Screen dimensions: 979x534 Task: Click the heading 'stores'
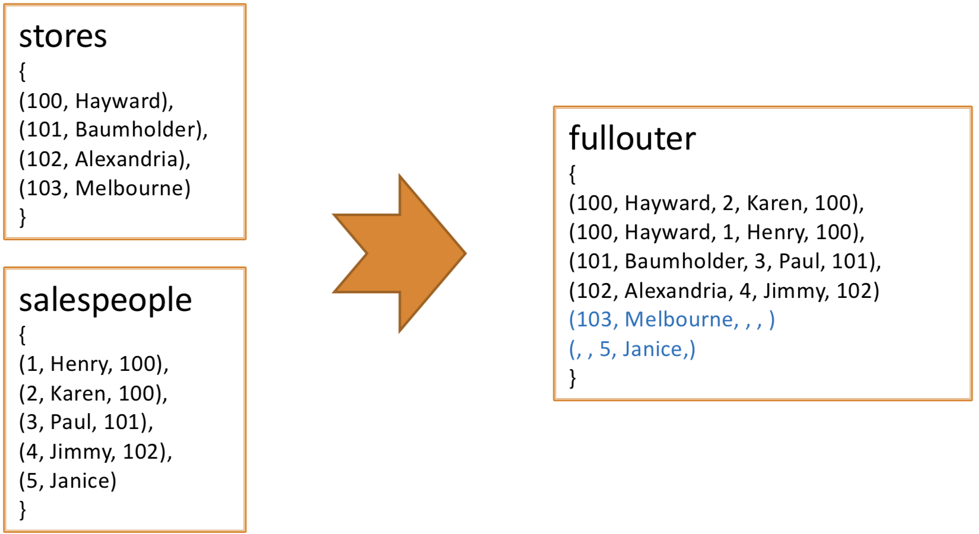coord(63,36)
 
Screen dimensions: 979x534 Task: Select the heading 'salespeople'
coord(106,301)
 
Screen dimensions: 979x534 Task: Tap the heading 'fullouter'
coord(632,138)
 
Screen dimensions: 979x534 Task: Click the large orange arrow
coord(399,253)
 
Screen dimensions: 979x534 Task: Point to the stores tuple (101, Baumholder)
coord(113,130)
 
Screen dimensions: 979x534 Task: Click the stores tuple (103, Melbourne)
coord(105,189)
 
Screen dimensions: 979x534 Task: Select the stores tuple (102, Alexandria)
coord(105,160)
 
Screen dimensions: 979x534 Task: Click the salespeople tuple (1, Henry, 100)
coord(94,364)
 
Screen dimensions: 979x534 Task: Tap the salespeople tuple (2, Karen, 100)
coord(93,394)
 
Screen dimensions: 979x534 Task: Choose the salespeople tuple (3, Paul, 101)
coord(86,422)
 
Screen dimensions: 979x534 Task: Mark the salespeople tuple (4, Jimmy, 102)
coord(96,452)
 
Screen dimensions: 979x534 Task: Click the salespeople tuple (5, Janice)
coord(68,481)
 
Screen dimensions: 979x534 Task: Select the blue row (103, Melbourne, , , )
coord(672,320)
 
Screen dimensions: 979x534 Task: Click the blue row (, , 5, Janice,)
coord(632,349)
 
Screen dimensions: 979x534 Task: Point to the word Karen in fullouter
coord(774,203)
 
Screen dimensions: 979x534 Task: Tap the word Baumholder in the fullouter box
coord(685,261)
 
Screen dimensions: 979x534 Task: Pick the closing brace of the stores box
coord(23,217)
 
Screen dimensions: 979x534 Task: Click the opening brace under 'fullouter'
coord(573,174)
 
